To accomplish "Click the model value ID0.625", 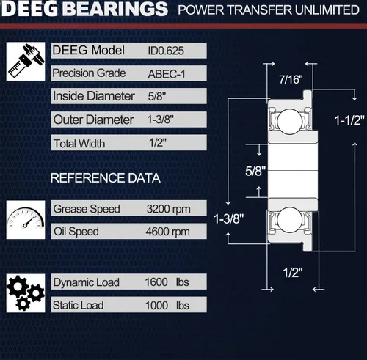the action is coord(166,51).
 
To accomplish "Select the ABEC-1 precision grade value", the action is coord(167,74).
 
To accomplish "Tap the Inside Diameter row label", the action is coord(94,96).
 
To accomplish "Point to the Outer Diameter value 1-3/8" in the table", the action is coord(160,120).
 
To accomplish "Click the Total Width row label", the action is coord(79,144).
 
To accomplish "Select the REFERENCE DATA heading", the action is coord(106,178).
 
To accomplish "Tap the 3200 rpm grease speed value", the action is coord(168,209).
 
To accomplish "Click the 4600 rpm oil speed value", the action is coord(167,232).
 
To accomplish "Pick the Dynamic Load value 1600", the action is coord(156,282).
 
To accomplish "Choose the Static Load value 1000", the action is coord(156,306).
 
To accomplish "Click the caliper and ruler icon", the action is coord(26,61).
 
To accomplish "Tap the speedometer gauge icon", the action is coord(26,220).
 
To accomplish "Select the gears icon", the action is coord(26,293).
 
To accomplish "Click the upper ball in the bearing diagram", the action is coord(290,122).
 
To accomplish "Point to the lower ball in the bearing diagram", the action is coord(290,220).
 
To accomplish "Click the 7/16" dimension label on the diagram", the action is coord(291,79).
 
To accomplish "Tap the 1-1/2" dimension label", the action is coord(349,120).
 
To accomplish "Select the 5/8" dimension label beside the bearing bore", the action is coord(255,171).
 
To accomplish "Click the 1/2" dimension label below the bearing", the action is coord(293,272).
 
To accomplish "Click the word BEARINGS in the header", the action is coord(117,9).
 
